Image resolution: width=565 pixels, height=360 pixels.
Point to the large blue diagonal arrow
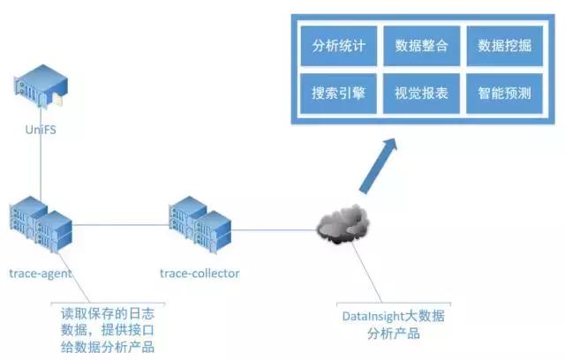click(378, 166)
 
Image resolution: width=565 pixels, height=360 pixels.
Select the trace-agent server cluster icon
click(41, 226)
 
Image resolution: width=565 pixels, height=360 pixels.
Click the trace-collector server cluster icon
click(200, 226)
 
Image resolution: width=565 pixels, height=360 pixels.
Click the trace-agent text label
click(41, 274)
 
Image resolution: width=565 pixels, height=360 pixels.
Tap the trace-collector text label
click(200, 274)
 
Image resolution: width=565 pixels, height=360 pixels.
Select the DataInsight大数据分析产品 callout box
click(393, 324)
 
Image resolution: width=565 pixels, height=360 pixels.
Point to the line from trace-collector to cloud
click(274, 231)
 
